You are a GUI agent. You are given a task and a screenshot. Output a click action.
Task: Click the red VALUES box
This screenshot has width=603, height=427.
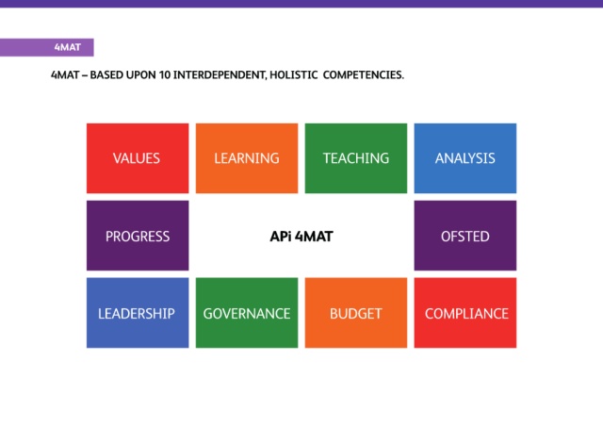[x=138, y=158]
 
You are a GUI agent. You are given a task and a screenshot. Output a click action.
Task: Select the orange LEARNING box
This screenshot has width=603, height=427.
[x=247, y=158]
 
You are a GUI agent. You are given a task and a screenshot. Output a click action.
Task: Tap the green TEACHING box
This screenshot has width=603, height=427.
[x=356, y=158]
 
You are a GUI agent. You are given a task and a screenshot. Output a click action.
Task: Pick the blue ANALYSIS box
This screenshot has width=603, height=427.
[x=465, y=158]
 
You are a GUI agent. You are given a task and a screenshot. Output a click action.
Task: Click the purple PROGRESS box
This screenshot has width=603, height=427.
[x=138, y=236]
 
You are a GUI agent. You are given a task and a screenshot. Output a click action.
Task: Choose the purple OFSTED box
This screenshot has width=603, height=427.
[x=465, y=236]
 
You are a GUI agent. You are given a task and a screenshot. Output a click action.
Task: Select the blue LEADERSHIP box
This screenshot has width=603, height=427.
[x=138, y=313]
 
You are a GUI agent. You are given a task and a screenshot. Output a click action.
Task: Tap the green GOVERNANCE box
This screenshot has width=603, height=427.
[x=247, y=313]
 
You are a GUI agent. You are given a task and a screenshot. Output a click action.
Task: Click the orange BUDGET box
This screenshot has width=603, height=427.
[x=356, y=313]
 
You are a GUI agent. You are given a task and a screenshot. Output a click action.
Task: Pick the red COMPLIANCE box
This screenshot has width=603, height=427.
[x=465, y=313]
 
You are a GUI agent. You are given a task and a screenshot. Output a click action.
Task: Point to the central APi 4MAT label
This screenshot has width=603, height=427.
[x=301, y=237]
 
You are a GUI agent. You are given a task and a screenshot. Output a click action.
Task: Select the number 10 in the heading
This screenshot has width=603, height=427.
[x=165, y=74]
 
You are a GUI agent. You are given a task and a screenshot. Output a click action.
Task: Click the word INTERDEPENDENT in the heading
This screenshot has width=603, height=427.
[x=220, y=74]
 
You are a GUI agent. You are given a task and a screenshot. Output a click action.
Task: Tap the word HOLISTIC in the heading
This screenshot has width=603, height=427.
[x=294, y=74]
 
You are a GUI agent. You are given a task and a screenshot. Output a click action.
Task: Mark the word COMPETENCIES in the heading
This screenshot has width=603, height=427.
[x=364, y=74]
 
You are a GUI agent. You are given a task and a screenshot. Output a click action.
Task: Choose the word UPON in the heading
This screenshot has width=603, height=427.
[x=141, y=74]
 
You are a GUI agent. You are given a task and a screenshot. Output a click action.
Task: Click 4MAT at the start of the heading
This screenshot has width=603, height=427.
[x=65, y=74]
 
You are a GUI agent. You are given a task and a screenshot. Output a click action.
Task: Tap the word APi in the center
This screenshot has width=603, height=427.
[x=281, y=237]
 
